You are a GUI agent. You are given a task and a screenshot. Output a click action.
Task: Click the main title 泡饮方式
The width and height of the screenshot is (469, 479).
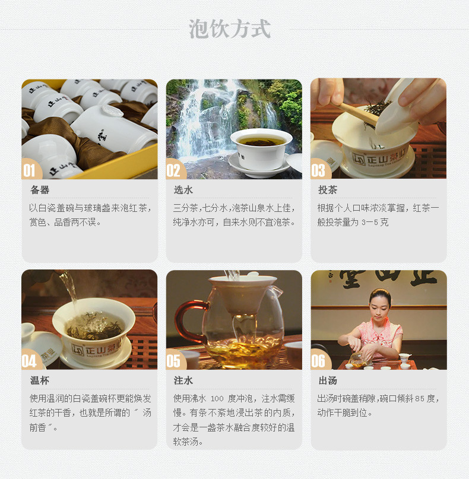[x=230, y=29]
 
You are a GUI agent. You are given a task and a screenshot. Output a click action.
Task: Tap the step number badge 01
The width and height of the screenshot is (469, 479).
[x=30, y=171]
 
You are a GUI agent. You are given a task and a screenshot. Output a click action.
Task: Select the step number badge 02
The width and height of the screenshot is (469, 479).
[x=173, y=171]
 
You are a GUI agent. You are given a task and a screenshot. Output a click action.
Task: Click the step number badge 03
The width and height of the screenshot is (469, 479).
[x=318, y=171]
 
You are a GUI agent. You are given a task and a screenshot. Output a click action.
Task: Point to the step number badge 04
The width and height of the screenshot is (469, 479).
[x=30, y=361]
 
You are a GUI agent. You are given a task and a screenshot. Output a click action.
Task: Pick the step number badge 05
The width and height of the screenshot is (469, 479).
[x=173, y=361]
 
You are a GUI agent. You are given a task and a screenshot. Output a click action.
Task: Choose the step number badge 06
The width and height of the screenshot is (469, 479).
[x=318, y=361]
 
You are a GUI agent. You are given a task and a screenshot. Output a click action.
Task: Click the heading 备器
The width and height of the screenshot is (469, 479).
[x=40, y=191]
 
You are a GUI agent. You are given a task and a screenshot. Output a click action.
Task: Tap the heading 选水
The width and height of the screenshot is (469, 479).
[x=183, y=191]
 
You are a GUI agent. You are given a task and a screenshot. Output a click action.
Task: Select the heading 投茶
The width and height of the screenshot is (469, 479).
[x=328, y=191]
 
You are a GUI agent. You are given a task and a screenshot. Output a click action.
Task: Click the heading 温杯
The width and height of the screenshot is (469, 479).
[x=40, y=380]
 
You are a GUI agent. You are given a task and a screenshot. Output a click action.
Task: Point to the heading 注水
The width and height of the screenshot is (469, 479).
[x=183, y=380]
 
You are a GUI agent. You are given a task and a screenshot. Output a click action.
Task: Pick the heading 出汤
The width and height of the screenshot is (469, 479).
[x=328, y=380]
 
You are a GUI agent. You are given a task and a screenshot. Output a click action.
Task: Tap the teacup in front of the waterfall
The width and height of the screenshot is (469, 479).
[x=261, y=145]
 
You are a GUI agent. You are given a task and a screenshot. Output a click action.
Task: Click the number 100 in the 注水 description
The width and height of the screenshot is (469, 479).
[x=218, y=398]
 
